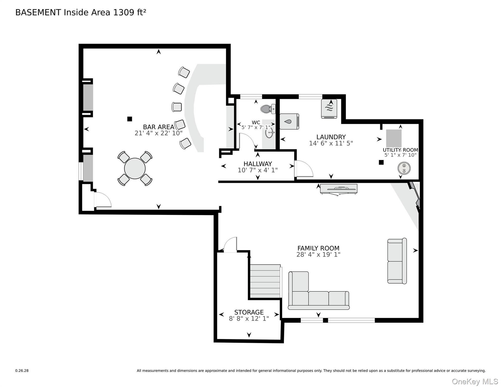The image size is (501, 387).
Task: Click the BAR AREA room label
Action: point(159,127)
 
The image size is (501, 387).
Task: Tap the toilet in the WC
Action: point(267,109)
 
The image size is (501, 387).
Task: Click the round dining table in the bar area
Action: point(135,168)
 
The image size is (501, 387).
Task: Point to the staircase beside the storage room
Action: point(265,281)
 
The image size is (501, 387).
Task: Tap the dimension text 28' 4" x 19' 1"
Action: point(318,255)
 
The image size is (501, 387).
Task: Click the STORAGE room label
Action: point(249,312)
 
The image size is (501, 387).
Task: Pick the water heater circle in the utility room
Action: point(404,168)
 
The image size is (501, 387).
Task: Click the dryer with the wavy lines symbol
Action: point(329,109)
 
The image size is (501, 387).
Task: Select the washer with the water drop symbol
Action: point(289,121)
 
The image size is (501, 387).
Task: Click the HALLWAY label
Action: point(258,164)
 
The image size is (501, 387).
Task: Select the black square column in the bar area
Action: point(130,119)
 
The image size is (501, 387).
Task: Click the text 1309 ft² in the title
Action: point(130,12)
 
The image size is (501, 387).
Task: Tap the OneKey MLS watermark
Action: point(475,381)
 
